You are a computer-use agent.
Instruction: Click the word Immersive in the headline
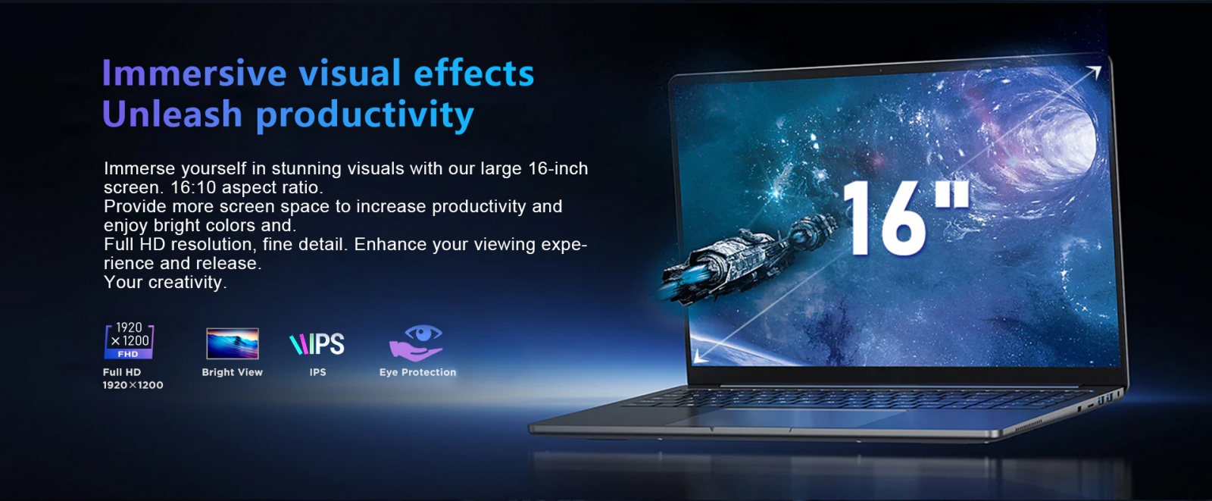[x=194, y=73]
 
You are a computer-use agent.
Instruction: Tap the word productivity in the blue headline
[x=364, y=115]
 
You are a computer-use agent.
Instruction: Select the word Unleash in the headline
[x=172, y=113]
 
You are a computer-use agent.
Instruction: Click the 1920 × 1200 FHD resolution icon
[x=129, y=340]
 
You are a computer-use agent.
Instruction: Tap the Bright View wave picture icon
[x=233, y=343]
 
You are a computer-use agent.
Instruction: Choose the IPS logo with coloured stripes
[x=317, y=344]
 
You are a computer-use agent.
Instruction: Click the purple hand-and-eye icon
[x=416, y=343]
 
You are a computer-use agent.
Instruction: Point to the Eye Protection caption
[x=417, y=372]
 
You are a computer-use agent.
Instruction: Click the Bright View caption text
[x=232, y=372]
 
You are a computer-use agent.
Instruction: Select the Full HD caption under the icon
[x=122, y=372]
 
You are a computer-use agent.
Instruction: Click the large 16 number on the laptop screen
[x=886, y=218]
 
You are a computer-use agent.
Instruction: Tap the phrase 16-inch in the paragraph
[x=558, y=168]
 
